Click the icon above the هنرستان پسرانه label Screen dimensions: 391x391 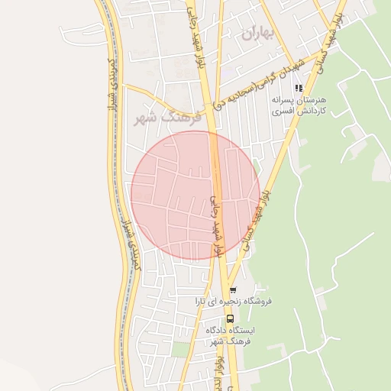tap(299, 88)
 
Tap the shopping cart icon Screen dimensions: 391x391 tap(233, 290)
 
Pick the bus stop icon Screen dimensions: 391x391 tap(230, 319)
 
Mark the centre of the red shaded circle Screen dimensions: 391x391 tap(195, 196)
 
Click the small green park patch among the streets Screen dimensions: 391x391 tap(180, 349)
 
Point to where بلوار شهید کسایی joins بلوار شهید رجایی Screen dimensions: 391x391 tap(227, 279)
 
